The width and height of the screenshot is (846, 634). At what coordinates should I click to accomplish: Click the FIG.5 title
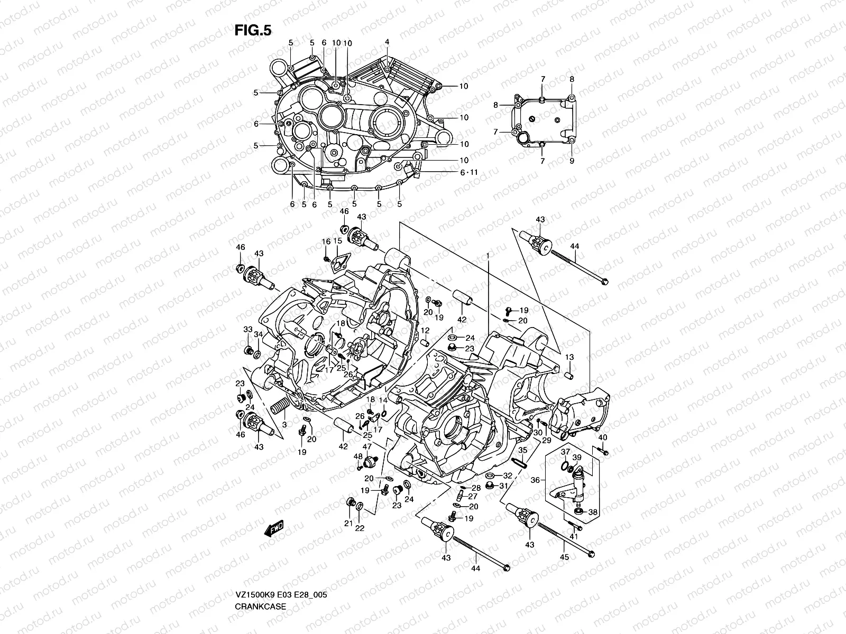click(253, 31)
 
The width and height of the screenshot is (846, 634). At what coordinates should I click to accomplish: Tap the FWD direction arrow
click(275, 528)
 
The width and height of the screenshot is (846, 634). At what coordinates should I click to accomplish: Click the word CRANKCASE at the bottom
click(260, 576)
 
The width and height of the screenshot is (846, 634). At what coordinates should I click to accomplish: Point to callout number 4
click(387, 42)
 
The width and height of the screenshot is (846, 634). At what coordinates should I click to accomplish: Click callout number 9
click(572, 161)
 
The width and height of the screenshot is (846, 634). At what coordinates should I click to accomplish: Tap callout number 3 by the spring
click(284, 424)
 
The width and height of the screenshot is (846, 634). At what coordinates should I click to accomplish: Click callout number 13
click(569, 358)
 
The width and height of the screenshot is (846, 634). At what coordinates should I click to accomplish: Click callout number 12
click(425, 330)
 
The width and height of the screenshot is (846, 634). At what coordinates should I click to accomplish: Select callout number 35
click(522, 450)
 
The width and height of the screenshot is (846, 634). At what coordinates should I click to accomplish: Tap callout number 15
click(337, 240)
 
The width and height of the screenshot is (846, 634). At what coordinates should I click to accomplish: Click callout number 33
click(247, 329)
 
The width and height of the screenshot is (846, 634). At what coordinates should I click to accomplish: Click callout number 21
click(348, 523)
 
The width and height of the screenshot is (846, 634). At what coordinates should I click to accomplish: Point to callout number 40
click(602, 437)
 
